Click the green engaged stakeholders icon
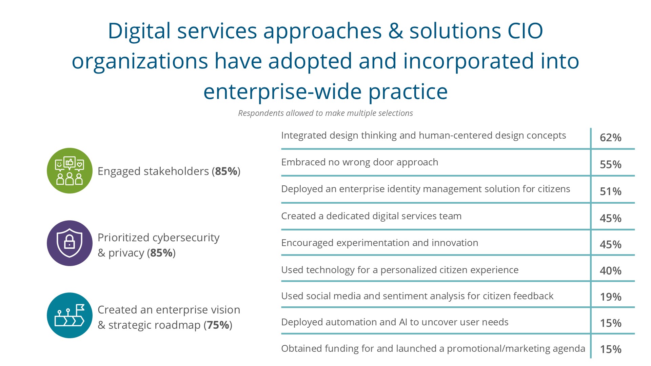click(x=70, y=171)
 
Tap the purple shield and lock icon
click(x=70, y=243)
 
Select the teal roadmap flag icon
click(x=70, y=316)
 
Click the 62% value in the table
click(x=610, y=138)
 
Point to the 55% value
click(x=610, y=164)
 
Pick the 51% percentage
click(x=610, y=191)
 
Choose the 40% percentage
click(x=610, y=271)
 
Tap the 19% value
click(x=610, y=297)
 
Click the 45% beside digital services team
click(x=610, y=218)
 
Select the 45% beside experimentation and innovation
click(x=610, y=244)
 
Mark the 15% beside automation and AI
click(x=610, y=323)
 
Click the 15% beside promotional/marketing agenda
click(x=610, y=349)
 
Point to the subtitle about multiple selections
click(x=325, y=113)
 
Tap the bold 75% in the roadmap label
click(x=218, y=325)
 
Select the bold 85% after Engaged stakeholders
click(x=226, y=171)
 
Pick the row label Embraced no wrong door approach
click(x=360, y=162)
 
